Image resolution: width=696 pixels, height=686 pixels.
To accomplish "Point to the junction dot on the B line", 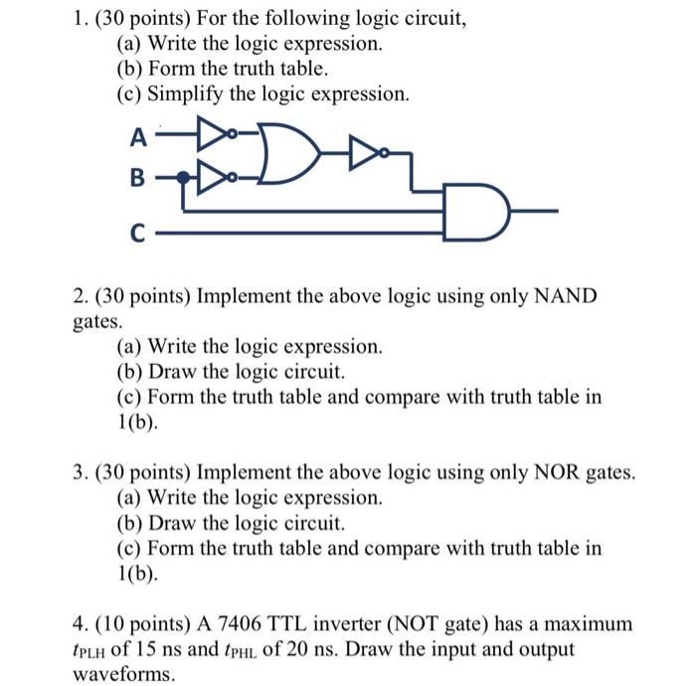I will click(185, 179).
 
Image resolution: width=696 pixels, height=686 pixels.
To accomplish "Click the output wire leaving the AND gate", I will click(532, 211).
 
